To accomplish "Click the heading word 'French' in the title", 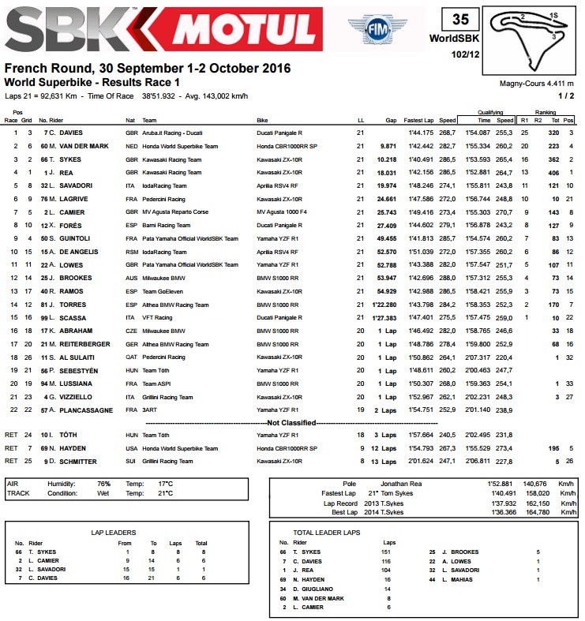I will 24,69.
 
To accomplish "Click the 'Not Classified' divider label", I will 292,423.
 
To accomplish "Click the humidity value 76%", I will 103,483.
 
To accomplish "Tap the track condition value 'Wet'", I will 103,492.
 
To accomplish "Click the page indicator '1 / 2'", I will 566,95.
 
